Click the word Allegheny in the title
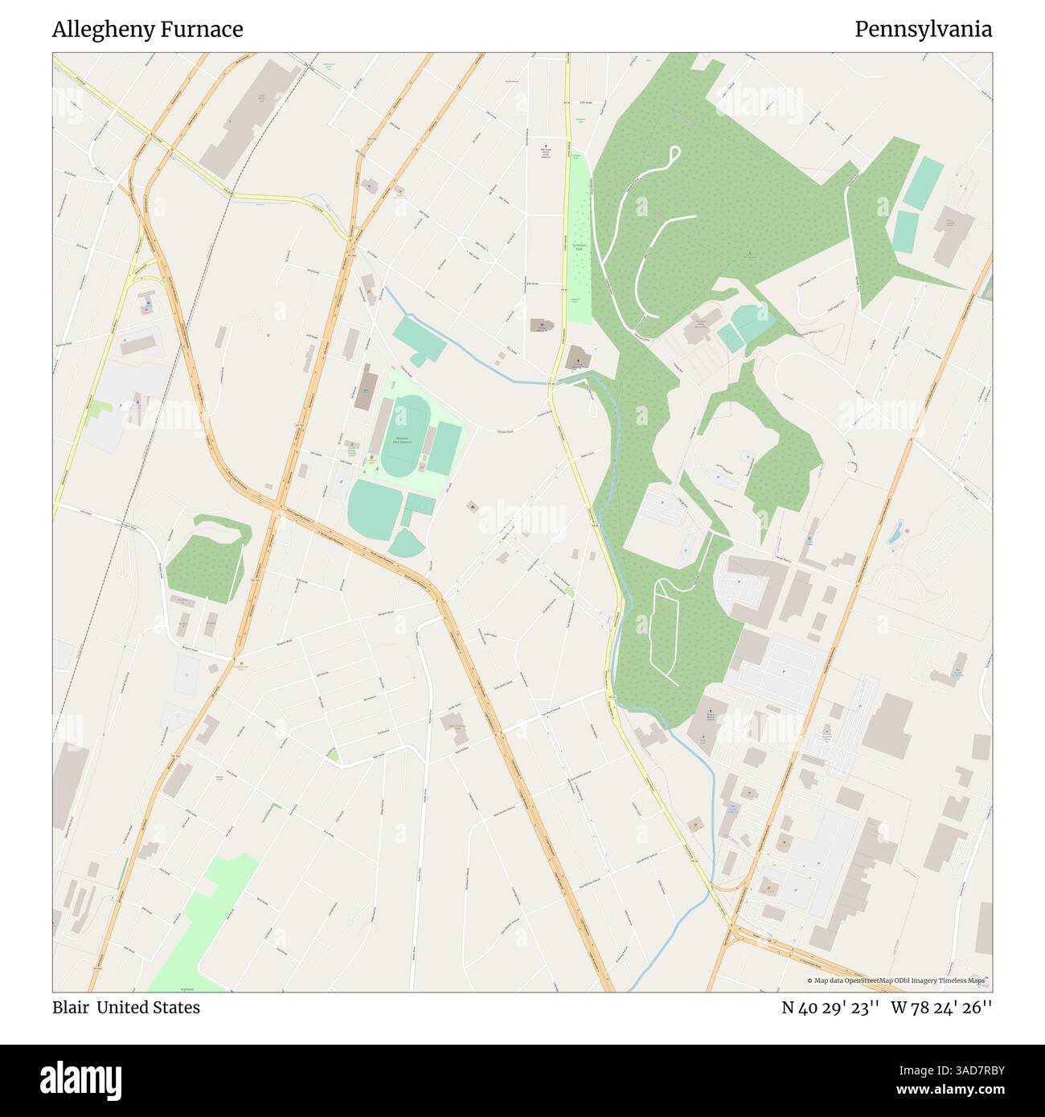105,30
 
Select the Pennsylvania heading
923,30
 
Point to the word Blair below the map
70,1008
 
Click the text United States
149,1008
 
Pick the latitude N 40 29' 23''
830,1008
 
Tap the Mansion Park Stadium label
403,440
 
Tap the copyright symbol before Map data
810,980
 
